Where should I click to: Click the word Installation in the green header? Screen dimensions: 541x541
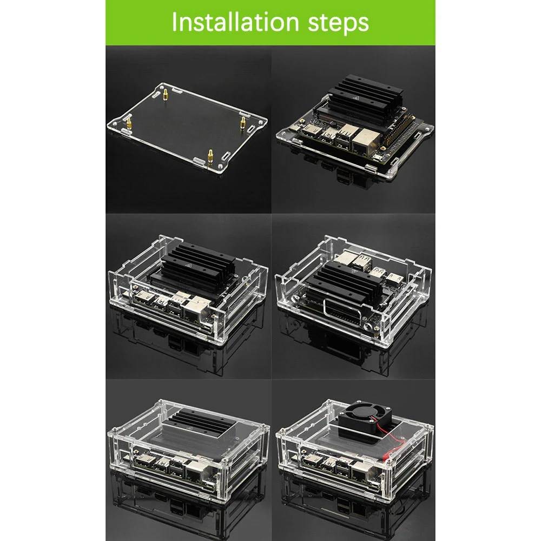pyautogui.click(x=235, y=22)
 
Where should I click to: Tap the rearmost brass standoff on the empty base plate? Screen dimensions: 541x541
pyautogui.click(x=166, y=94)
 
